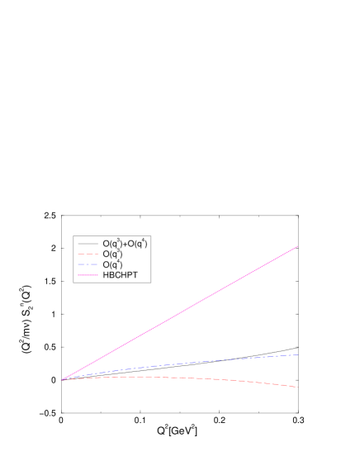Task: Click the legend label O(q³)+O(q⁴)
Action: pos(125,244)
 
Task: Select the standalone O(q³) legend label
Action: pos(112,254)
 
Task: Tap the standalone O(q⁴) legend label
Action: pos(112,265)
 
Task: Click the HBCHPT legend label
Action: pos(120,275)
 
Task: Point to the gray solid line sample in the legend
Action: pos(88,244)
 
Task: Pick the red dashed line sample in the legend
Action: pos(88,254)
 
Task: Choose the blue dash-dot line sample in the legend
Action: pos(88,264)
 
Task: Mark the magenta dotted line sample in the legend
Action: pos(88,275)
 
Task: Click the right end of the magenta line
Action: pos(297,246)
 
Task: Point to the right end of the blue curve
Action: pos(297,354)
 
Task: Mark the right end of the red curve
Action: pos(297,387)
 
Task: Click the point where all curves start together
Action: pos(62,380)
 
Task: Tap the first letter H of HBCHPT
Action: pos(106,275)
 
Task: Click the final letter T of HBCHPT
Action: pos(135,275)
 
